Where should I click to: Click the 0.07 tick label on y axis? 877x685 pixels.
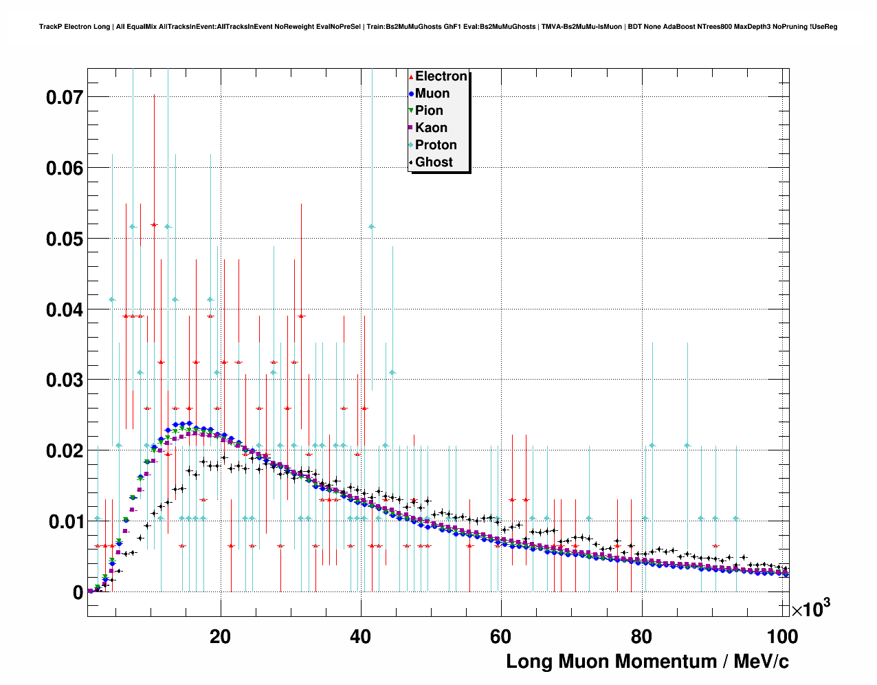pos(65,98)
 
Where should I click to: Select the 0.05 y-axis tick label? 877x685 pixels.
pos(65,239)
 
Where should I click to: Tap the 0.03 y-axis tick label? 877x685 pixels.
pos(65,380)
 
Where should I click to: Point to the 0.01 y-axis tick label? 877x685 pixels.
pos(65,522)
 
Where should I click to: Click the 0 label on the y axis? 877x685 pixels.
pos(78,593)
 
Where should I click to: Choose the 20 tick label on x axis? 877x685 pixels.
pos(220,637)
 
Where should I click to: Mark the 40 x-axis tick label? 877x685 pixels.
pos(360,637)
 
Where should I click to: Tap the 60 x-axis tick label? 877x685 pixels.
pos(500,637)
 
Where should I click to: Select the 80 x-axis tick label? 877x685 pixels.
pos(641,637)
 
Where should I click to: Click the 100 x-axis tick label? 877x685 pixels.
pos(782,637)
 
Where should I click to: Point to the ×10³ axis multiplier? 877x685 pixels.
pos(811,609)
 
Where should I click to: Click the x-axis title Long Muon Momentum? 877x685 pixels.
pos(647,662)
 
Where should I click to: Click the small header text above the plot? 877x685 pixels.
pos(438,27)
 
